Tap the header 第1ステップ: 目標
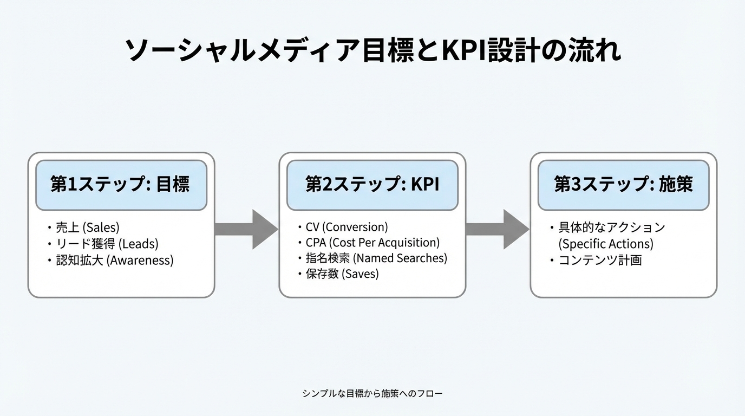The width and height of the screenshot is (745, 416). tap(121, 185)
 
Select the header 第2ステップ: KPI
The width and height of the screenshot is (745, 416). tap(372, 185)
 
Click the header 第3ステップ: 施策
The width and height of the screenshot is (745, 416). tap(623, 185)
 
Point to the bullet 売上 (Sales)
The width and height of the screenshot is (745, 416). tap(87, 227)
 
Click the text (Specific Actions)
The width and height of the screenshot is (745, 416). tap(606, 244)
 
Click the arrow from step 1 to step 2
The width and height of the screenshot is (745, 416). tap(246, 229)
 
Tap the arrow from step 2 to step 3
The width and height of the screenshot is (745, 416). tap(497, 229)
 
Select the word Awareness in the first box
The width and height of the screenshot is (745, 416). tap(140, 260)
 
